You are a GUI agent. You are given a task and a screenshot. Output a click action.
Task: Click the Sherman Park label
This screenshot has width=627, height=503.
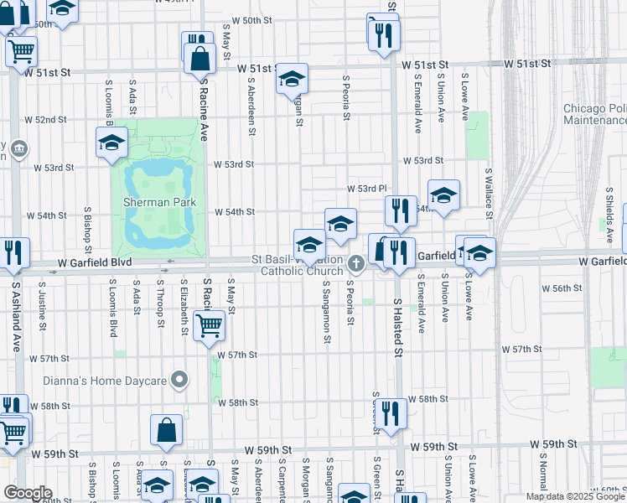coord(158,202)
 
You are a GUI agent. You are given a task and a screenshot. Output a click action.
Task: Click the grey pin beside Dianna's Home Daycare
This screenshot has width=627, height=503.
coord(178,381)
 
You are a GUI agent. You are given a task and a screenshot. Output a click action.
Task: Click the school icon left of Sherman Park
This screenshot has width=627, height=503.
coord(111,143)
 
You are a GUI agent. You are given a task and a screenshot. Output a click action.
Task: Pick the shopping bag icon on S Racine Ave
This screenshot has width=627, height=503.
coord(200,60)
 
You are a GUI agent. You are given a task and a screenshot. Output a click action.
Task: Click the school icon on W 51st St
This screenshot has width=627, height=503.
coord(292,80)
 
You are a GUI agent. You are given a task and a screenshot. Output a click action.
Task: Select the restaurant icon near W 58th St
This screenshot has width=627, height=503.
coord(391,412)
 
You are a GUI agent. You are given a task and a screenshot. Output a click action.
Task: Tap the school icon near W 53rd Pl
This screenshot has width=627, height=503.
coord(443,196)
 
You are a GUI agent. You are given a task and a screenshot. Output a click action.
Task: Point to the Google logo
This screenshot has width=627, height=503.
coord(27,493)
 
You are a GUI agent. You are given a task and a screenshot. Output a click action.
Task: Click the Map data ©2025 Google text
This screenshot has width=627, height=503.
coord(575,496)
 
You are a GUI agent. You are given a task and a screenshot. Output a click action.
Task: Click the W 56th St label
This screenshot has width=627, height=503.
coord(567,288)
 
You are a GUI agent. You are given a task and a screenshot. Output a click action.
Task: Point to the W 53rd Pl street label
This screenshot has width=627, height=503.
coord(370,189)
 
